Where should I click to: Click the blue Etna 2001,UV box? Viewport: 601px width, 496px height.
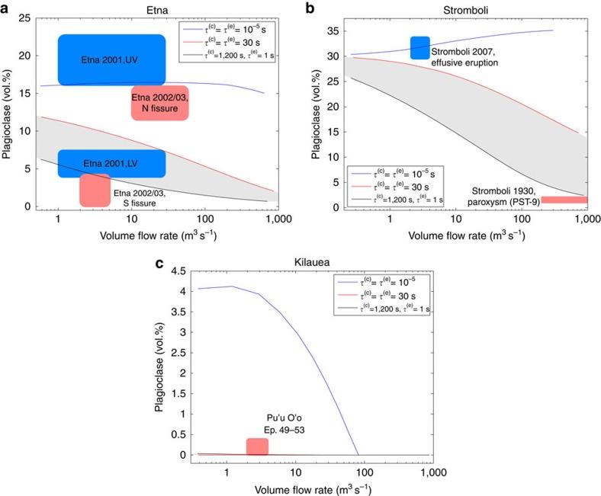click(111, 59)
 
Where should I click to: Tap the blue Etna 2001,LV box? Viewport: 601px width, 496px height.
click(111, 163)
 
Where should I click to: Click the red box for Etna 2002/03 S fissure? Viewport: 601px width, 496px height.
click(95, 190)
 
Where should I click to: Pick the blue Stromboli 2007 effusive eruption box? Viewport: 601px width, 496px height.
click(420, 47)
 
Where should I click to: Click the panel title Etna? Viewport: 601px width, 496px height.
click(154, 7)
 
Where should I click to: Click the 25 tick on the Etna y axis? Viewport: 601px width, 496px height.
click(25, 19)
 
